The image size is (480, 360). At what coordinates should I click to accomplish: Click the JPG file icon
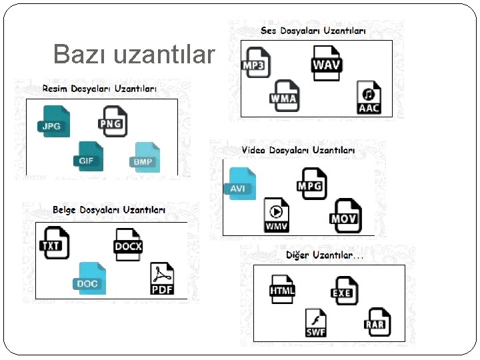[x=53, y=121]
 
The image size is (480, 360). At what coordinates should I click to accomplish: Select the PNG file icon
[x=111, y=121]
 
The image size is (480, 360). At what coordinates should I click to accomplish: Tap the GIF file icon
[x=88, y=157]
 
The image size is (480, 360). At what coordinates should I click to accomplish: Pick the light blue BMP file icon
[x=144, y=157]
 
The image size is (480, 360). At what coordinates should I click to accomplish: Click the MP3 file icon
[x=255, y=61]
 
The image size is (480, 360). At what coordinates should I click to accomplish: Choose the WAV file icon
[x=327, y=63]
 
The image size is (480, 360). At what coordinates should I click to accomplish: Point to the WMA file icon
[x=284, y=95]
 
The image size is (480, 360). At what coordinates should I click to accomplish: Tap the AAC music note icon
[x=369, y=97]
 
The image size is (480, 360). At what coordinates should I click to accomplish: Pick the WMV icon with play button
[x=277, y=215]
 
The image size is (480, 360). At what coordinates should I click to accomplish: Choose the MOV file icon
[x=345, y=214]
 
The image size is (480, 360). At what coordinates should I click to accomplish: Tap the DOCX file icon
[x=128, y=243]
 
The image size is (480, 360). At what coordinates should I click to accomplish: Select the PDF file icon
[x=162, y=279]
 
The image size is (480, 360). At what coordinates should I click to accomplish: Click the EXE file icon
[x=343, y=289]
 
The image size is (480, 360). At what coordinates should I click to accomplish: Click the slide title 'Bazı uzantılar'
[x=134, y=54]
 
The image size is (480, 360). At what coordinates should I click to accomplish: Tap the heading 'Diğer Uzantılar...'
[x=325, y=255]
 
